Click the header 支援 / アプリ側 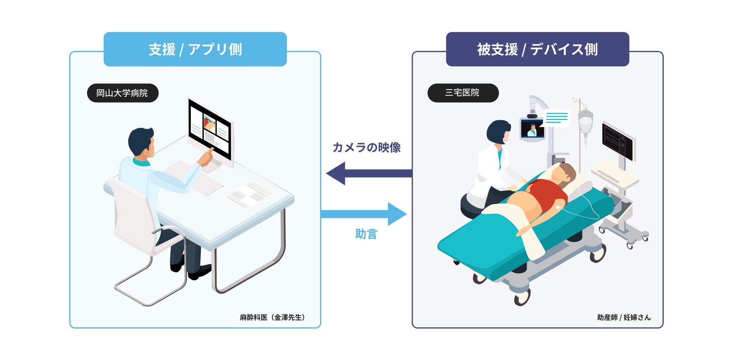[x=195, y=49]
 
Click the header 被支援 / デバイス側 [x=537, y=49]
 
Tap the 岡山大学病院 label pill [x=123, y=93]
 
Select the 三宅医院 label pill [x=463, y=93]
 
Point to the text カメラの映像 [x=366, y=147]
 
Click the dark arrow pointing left [x=368, y=173]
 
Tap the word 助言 [x=366, y=234]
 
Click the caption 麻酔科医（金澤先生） [x=273, y=318]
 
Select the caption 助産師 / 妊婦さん [x=624, y=318]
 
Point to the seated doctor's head [x=141, y=142]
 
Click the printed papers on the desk [x=248, y=194]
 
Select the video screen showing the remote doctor [x=532, y=129]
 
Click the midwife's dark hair [x=497, y=132]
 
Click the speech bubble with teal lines [x=557, y=118]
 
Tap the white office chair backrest [x=130, y=214]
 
